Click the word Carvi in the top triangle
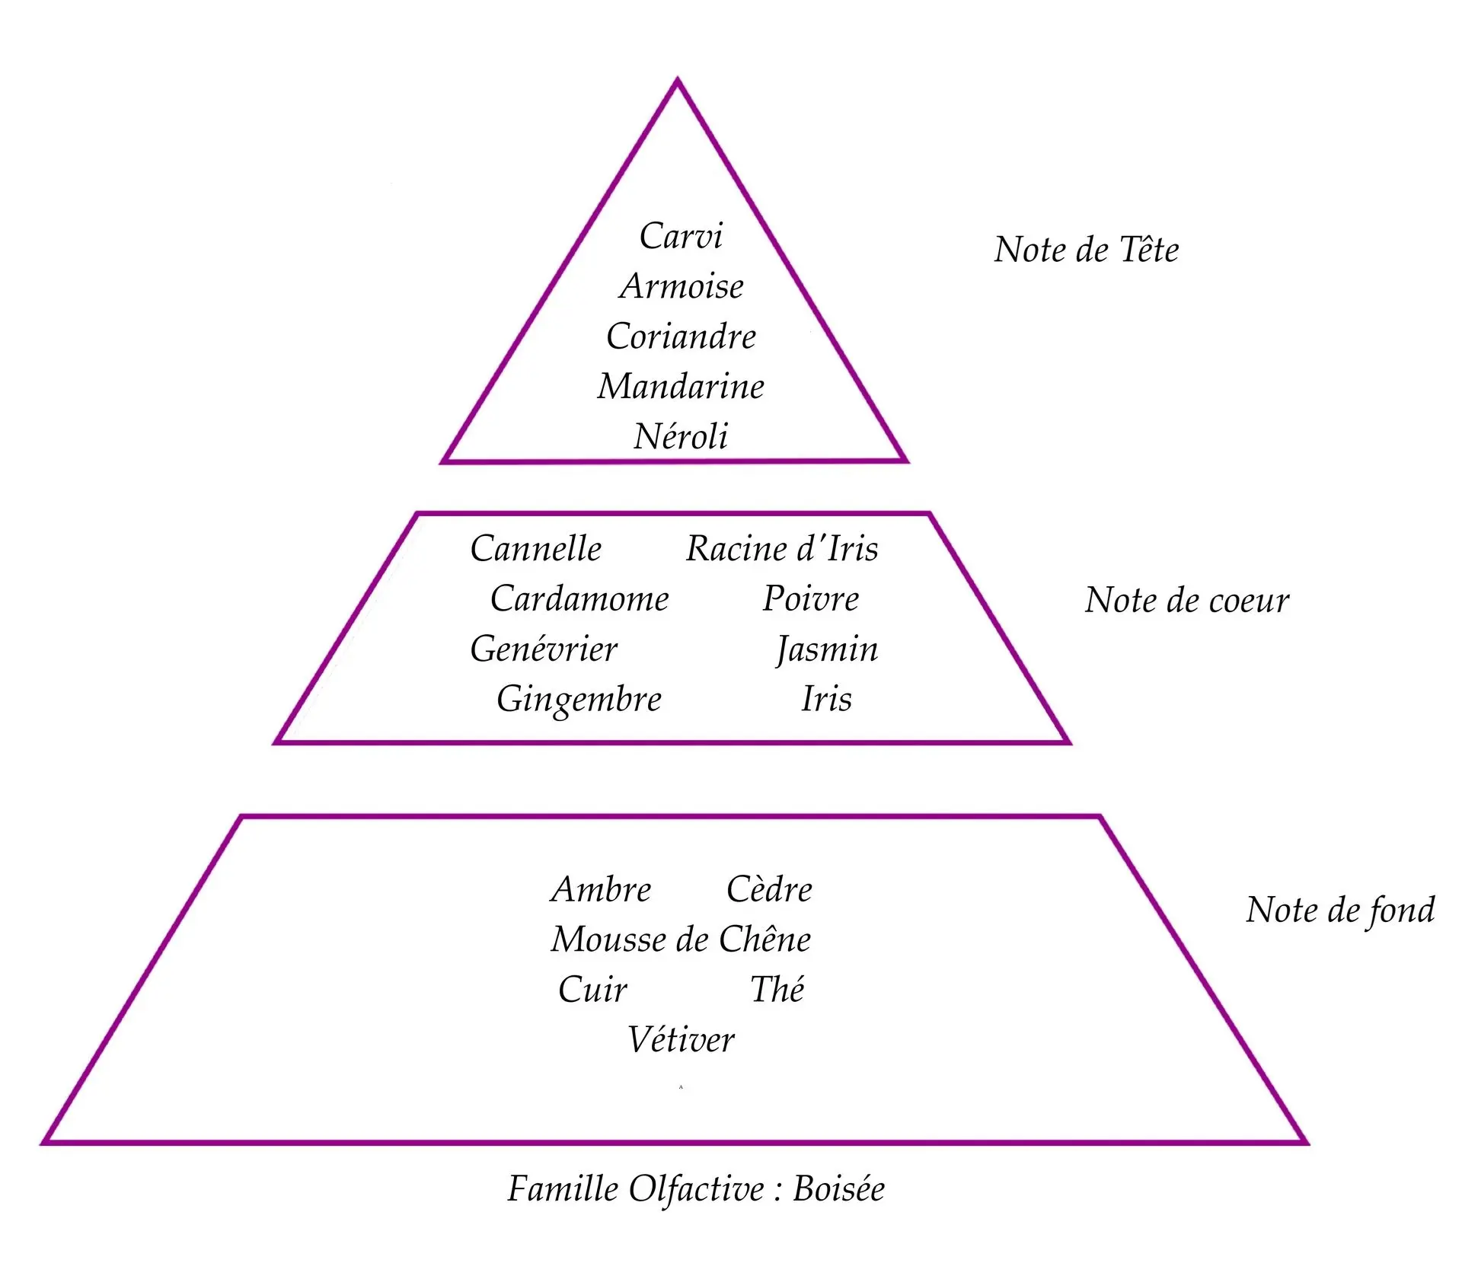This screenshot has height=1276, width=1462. (x=681, y=236)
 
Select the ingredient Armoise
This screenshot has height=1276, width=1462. (x=682, y=286)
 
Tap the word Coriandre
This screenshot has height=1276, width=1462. (x=682, y=337)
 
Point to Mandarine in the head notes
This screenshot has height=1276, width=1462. (x=681, y=387)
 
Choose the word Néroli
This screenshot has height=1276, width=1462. (x=681, y=437)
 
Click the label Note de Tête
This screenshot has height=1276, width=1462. (x=1086, y=250)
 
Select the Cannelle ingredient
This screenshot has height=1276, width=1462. (x=536, y=549)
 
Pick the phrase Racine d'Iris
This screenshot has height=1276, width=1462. (x=782, y=549)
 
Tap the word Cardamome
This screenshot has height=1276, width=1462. (x=579, y=599)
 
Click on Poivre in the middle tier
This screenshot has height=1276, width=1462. (x=811, y=599)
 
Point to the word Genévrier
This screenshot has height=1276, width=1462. (x=544, y=649)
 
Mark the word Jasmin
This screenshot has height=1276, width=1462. (x=827, y=650)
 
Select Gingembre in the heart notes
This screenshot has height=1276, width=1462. (x=579, y=700)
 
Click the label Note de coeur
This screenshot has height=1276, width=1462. (x=1187, y=601)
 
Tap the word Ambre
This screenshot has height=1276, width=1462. (x=602, y=889)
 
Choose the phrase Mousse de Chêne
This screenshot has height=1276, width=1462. (x=681, y=939)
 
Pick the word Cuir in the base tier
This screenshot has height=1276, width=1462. (x=592, y=990)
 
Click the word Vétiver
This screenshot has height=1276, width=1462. (x=681, y=1040)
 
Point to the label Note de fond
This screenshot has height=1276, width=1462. (x=1340, y=911)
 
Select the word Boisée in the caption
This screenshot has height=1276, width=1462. (x=839, y=1189)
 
